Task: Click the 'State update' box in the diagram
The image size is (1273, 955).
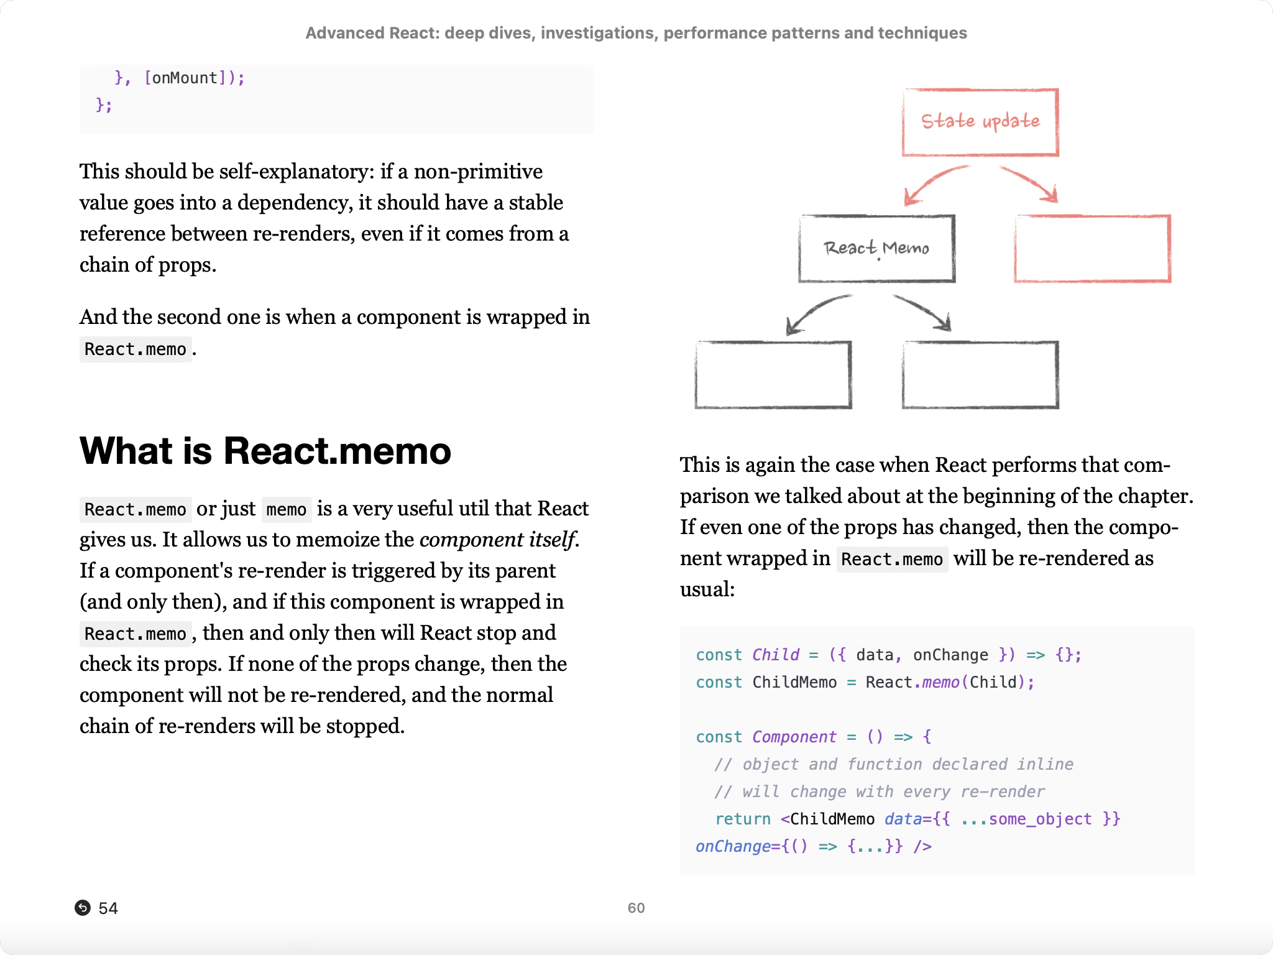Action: (x=980, y=122)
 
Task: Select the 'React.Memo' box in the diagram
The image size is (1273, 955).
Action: (x=876, y=249)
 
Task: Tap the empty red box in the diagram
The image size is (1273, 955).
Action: (x=1092, y=249)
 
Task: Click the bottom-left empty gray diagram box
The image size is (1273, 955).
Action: (x=773, y=374)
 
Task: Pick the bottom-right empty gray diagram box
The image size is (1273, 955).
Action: (x=980, y=374)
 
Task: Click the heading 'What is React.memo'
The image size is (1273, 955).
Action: (x=265, y=451)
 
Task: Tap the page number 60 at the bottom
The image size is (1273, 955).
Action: (x=636, y=908)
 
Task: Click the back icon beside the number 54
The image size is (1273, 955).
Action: (x=83, y=908)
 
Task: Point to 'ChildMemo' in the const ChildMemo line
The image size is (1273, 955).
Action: (x=794, y=683)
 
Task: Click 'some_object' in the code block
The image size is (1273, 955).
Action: (x=1040, y=819)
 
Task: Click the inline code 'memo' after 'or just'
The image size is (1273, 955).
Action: (x=286, y=510)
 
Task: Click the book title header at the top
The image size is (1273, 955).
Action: (x=636, y=33)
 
